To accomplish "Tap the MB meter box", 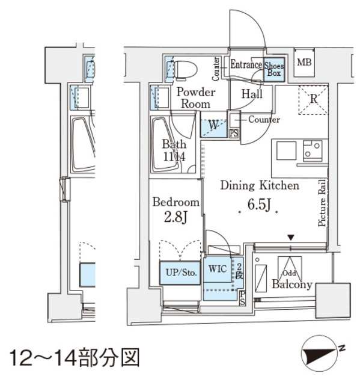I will [x=304, y=63].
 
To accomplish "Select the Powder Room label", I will [x=195, y=97].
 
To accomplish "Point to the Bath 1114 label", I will [x=174, y=150].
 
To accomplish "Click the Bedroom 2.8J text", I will [x=175, y=209].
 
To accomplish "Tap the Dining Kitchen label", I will [x=259, y=186].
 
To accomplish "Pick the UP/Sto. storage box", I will [x=179, y=273].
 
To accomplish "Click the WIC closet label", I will [x=218, y=269].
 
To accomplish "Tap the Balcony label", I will [x=292, y=284].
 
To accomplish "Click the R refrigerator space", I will [x=313, y=99].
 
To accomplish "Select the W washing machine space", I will [x=213, y=126].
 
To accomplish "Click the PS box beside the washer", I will [x=234, y=133].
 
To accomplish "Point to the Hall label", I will [x=252, y=94].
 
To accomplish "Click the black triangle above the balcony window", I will [x=291, y=238].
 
